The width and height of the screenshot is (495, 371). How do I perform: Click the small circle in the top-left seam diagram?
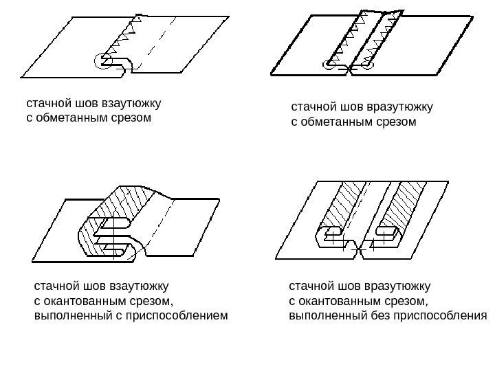pos(103,61)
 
